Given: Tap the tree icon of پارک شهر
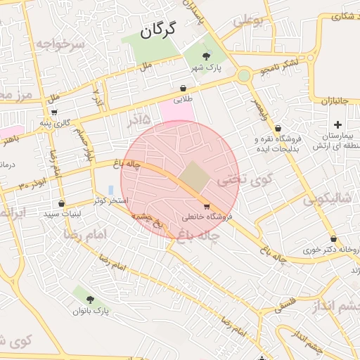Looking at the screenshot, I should (206, 56).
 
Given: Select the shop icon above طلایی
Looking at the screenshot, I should (184, 89).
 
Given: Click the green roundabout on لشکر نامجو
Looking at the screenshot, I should (244, 75).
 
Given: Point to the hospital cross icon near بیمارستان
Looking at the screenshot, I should (337, 124).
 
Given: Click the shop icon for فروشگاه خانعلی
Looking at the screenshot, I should (206, 207).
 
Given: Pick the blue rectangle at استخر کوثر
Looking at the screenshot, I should (111, 190).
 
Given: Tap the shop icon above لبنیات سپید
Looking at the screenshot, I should (61, 203).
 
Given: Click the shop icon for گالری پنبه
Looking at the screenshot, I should (54, 112).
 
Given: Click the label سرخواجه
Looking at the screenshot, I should (60, 44).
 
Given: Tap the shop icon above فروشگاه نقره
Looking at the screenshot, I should (278, 128).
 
